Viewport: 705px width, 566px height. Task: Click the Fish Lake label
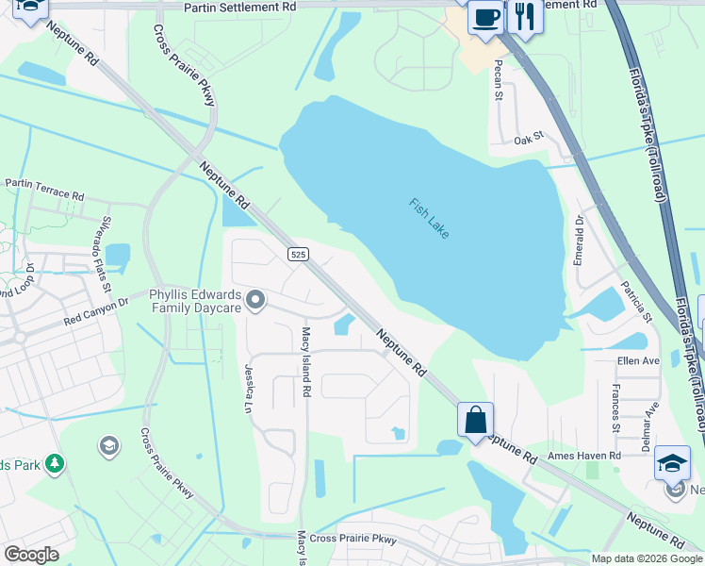click(x=429, y=218)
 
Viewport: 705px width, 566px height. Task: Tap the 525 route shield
click(x=298, y=255)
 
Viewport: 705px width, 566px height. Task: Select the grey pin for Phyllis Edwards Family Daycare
click(x=254, y=301)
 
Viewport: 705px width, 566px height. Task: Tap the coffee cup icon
click(x=486, y=17)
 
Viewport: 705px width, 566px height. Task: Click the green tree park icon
click(x=55, y=463)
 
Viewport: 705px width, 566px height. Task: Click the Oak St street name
click(x=530, y=140)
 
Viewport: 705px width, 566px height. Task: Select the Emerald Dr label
click(x=579, y=240)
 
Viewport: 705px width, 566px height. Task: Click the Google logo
click(x=31, y=555)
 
